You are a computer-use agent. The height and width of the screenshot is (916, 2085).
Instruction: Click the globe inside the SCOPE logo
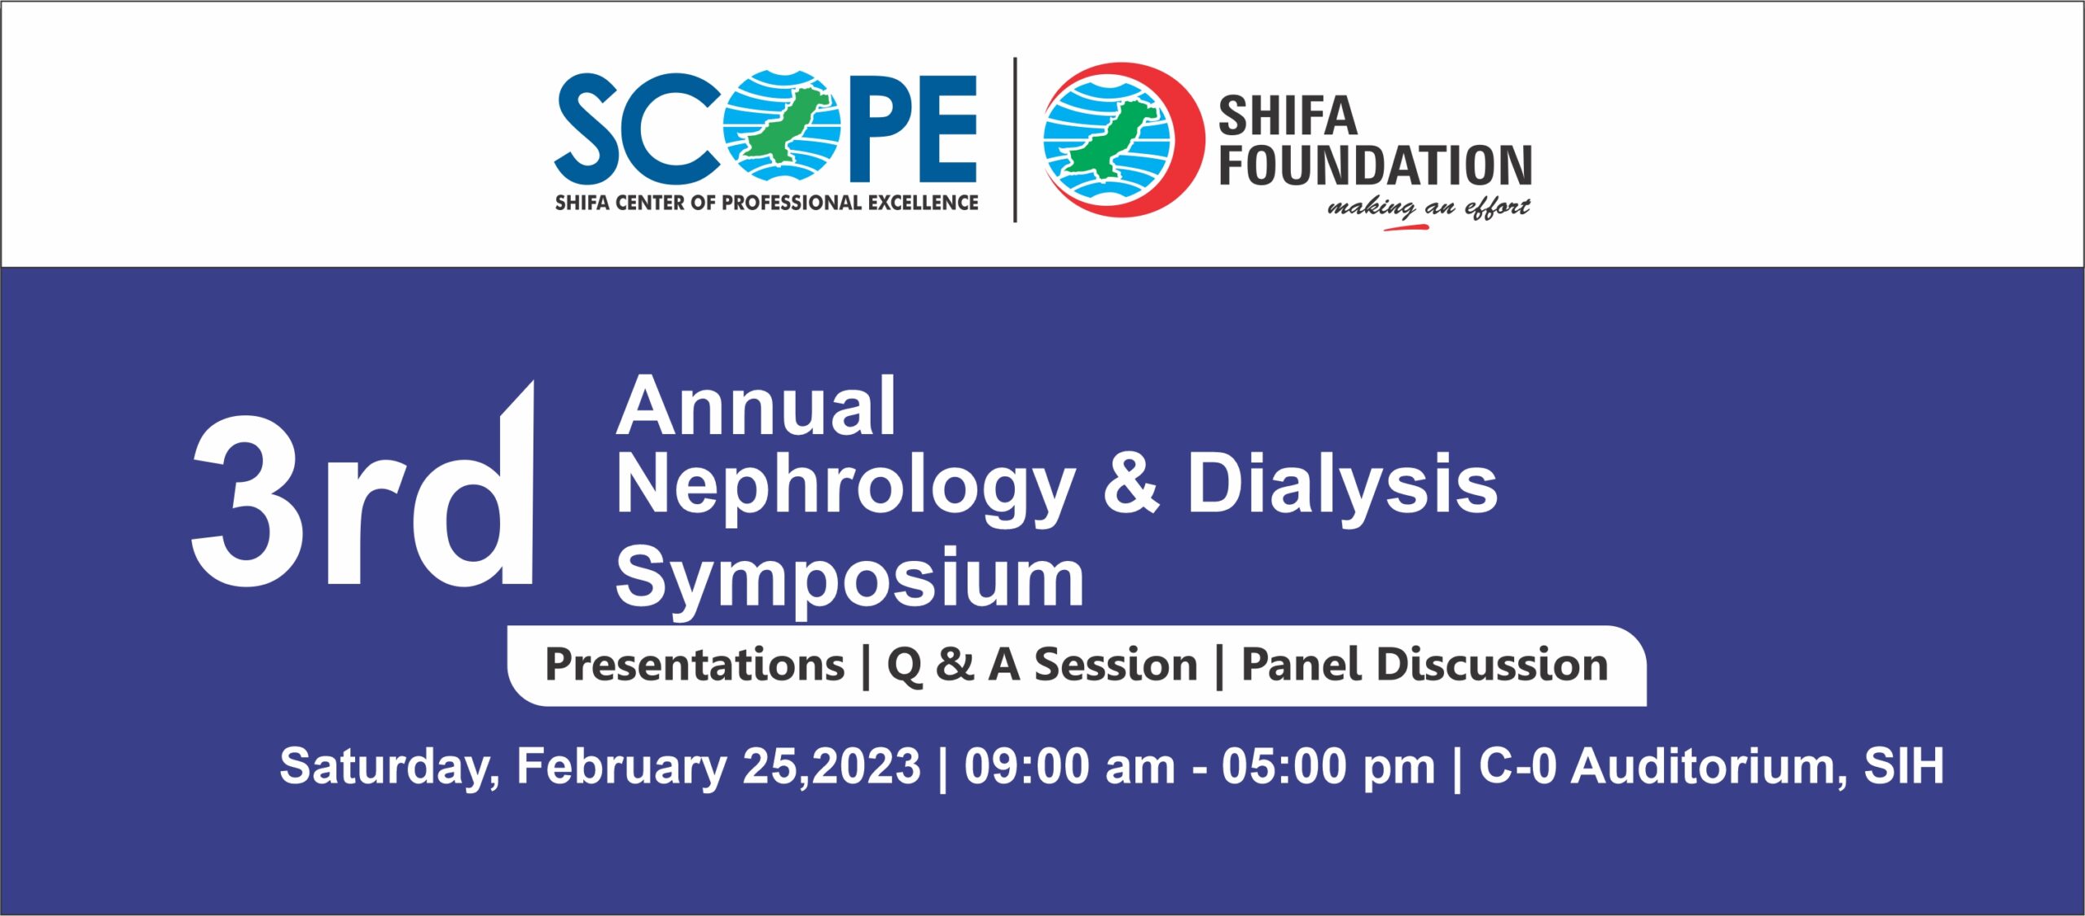pos(783,125)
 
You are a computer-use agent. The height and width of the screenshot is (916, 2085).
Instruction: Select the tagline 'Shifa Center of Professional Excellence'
pos(766,203)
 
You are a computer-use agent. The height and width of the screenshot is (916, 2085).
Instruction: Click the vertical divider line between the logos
pos(1015,139)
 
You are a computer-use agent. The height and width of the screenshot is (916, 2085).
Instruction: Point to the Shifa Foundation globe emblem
pos(1122,139)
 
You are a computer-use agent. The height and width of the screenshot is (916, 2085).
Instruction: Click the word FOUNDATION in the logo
pos(1376,166)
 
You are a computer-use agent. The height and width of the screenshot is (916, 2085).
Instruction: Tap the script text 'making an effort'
pos(1429,208)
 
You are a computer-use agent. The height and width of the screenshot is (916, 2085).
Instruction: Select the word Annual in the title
pos(757,406)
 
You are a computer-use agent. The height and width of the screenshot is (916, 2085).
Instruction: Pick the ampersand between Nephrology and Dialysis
pos(1130,484)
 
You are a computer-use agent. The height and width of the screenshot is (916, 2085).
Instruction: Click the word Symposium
pos(850,578)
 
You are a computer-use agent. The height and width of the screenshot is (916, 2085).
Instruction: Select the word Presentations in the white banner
pos(695,665)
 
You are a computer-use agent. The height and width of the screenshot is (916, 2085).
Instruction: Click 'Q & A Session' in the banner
pos(1042,665)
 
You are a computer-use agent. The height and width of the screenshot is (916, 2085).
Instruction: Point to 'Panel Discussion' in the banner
pos(1424,665)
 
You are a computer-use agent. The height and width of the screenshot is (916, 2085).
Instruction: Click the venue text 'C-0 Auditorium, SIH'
pos(1711,767)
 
